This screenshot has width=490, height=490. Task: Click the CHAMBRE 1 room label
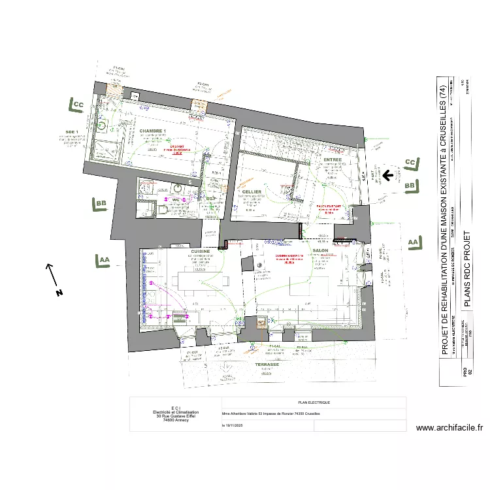[x=152, y=131]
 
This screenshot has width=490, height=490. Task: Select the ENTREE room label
[x=333, y=160]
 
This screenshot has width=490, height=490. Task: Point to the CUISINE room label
[x=200, y=251]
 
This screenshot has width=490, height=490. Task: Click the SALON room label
[x=320, y=251]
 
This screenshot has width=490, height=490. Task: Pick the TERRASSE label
[x=267, y=365]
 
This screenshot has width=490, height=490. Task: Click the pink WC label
[x=176, y=199]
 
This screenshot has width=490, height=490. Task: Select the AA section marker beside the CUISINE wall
[x=103, y=260]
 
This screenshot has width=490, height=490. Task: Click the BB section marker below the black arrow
[x=410, y=186]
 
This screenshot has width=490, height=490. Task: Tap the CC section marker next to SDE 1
[x=77, y=105]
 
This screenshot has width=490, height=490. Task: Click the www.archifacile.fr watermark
[x=449, y=428]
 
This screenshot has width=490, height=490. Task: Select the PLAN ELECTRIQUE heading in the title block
[x=314, y=402]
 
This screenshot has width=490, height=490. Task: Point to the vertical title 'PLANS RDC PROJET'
[x=466, y=268]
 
